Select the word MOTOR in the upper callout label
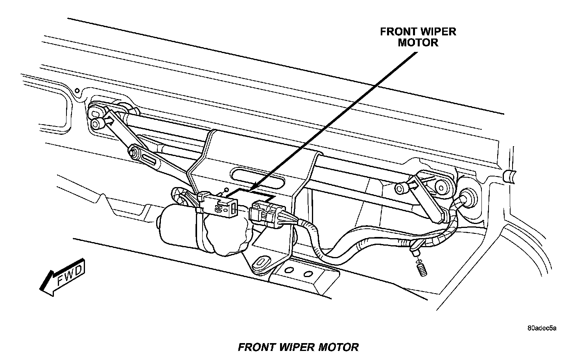click(418, 42)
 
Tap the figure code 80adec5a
click(542, 328)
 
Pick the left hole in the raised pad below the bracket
click(289, 270)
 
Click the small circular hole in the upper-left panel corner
click(77, 91)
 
